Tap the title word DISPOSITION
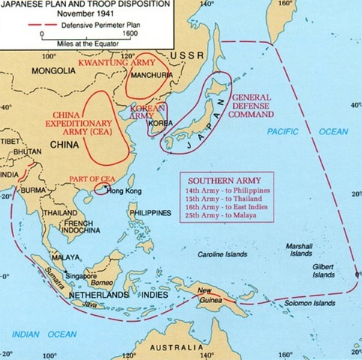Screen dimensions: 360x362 tap(142, 5)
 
